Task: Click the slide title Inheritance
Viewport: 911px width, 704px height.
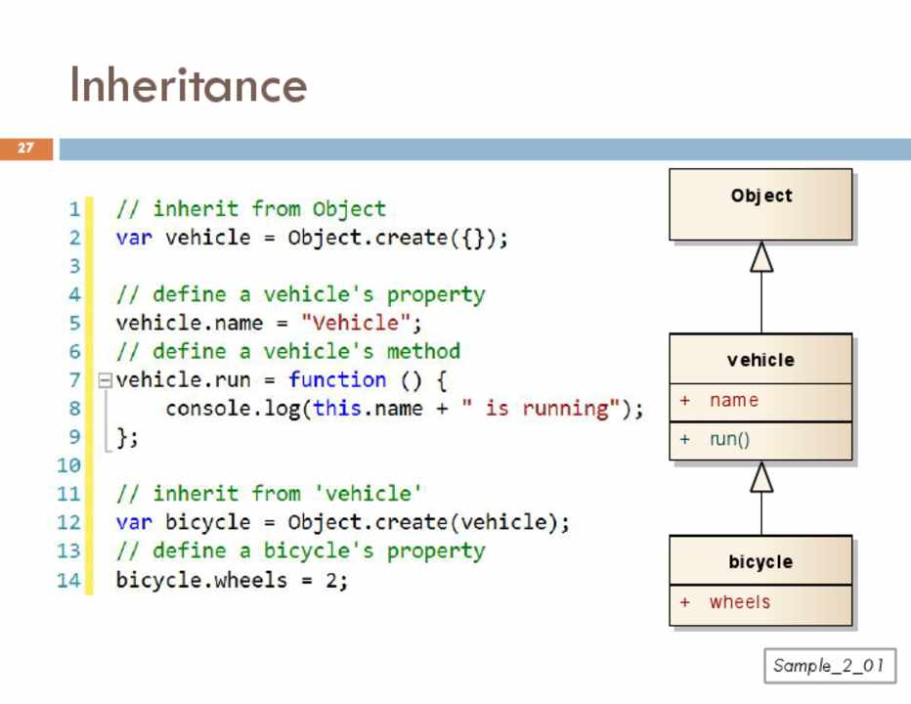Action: pyautogui.click(x=188, y=85)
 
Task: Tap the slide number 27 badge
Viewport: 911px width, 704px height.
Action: pyautogui.click(x=25, y=149)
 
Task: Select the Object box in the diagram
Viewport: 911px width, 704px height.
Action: pyautogui.click(x=760, y=204)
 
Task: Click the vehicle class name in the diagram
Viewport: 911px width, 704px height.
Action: pyautogui.click(x=760, y=360)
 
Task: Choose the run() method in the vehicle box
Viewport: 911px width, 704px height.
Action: pyautogui.click(x=729, y=440)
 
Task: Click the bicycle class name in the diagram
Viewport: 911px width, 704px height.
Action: pyautogui.click(x=760, y=562)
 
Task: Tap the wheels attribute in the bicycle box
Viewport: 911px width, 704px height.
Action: pyautogui.click(x=739, y=602)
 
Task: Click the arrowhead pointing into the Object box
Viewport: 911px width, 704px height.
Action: pyautogui.click(x=761, y=256)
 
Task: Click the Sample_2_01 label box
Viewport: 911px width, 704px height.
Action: pyautogui.click(x=829, y=666)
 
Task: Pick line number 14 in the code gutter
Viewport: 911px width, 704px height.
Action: pyautogui.click(x=68, y=580)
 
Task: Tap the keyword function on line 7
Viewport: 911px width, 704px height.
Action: pyautogui.click(x=337, y=379)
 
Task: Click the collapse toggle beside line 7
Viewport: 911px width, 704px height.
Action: pyautogui.click(x=105, y=380)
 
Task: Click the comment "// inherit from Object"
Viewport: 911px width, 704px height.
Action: pyautogui.click(x=250, y=208)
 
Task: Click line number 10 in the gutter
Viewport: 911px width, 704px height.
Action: pyautogui.click(x=68, y=465)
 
